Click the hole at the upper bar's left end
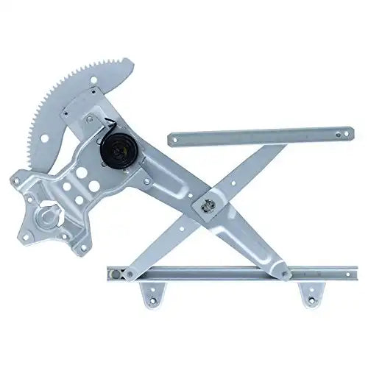[179, 137]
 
